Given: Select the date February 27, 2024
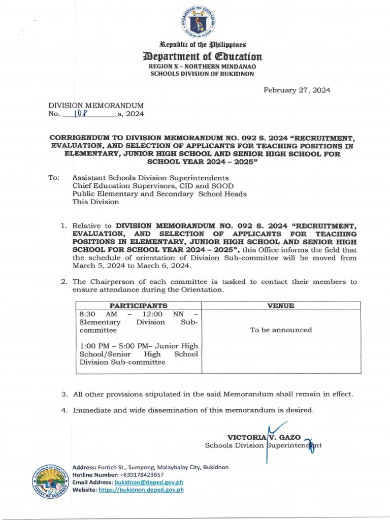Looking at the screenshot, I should [297, 90].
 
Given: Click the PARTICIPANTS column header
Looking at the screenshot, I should [139, 306].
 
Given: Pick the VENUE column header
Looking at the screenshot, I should [281, 306].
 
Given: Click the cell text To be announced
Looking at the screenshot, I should [281, 330].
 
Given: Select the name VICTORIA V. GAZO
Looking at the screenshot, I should [264, 437].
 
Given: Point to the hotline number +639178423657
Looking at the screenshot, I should [142, 475].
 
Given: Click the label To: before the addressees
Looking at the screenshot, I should [54, 178].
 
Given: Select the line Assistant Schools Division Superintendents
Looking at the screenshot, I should [150, 178].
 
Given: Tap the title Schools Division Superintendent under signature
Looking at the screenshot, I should [263, 445].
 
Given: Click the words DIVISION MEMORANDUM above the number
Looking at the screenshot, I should [96, 106].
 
